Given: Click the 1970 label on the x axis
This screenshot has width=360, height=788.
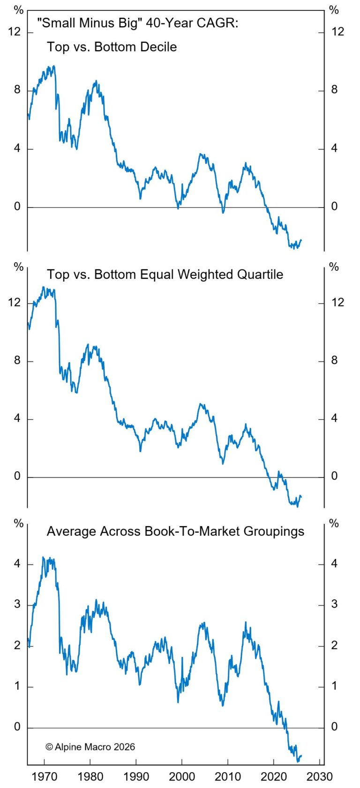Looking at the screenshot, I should [45, 776].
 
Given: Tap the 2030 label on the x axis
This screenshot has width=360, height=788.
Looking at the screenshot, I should [319, 776].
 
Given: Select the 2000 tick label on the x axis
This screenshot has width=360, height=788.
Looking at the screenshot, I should [182, 776].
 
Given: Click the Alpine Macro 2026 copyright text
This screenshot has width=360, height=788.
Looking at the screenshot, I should [90, 747].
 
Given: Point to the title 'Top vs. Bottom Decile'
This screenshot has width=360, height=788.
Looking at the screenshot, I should [112, 47].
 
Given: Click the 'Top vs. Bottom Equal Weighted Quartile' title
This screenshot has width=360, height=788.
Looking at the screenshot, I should [165, 274].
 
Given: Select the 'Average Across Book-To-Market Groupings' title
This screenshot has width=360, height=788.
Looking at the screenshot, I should [175, 531].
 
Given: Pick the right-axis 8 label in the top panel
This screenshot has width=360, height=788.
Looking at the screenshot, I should [334, 90].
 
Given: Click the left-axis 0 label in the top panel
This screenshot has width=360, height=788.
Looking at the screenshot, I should [17, 207].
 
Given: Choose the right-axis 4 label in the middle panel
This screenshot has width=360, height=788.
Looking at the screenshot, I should [334, 418].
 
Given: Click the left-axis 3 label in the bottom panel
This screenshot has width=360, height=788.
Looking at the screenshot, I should [17, 604].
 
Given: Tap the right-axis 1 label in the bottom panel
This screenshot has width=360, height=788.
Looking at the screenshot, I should [334, 686].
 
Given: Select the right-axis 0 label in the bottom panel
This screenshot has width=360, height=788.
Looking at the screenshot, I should [334, 727].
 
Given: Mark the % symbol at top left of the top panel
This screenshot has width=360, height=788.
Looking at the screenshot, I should [18, 10].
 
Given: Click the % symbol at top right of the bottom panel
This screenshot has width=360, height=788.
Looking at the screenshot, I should [334, 523].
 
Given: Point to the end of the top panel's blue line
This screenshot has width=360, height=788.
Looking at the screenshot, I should [301, 240].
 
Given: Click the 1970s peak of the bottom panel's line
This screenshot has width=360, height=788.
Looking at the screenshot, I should [44, 557].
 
